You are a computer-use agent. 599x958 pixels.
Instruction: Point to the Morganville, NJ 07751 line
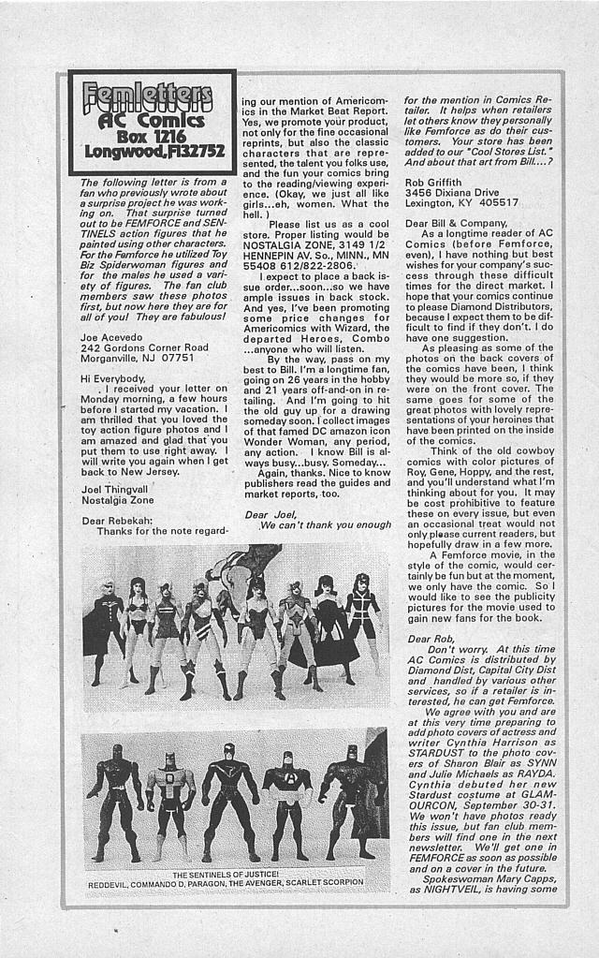(138, 357)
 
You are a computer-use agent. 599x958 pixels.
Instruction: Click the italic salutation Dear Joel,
(270, 514)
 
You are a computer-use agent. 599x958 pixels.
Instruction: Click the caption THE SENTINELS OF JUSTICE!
(234, 875)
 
